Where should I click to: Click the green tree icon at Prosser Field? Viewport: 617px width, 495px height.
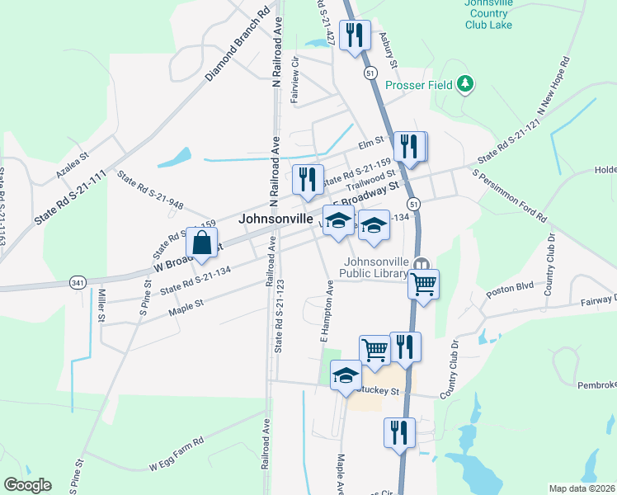point(465,83)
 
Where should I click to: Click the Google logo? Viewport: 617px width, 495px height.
point(27,485)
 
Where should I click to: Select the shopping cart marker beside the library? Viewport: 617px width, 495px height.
point(424,285)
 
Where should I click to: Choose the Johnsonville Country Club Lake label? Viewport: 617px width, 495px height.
point(489,13)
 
